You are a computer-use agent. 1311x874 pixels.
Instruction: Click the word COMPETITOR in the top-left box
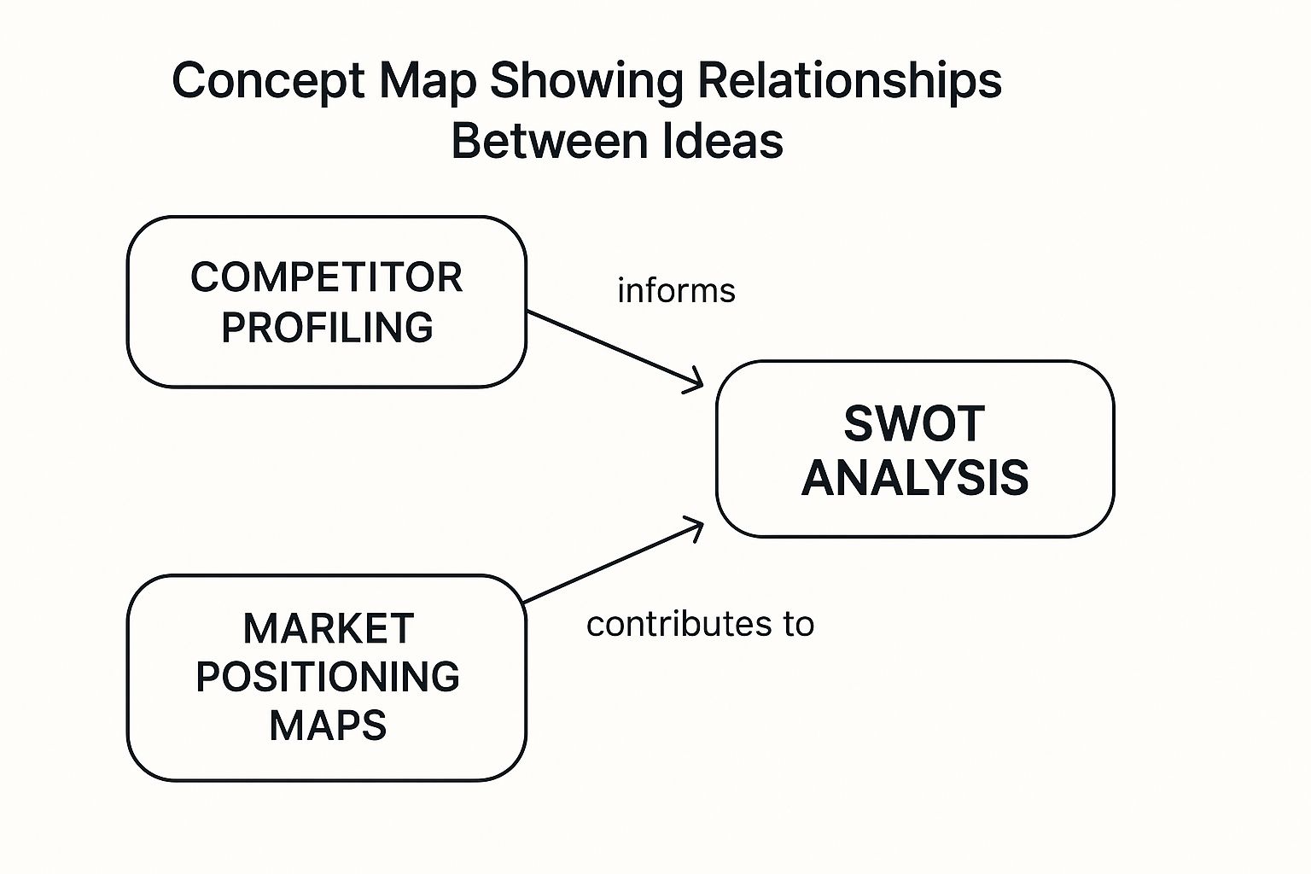tap(327, 277)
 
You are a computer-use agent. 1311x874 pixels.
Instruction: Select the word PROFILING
tap(327, 327)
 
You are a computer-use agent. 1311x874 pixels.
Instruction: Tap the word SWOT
tap(915, 424)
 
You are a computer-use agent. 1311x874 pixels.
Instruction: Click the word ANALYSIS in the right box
tap(915, 478)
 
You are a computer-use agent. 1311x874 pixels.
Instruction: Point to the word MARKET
tap(329, 629)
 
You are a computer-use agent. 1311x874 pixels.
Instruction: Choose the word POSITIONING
tap(328, 678)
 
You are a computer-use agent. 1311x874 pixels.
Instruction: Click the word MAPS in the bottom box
tap(328, 725)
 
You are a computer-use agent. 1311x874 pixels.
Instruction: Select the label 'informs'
tap(676, 291)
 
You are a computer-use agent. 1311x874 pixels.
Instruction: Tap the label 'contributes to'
tap(700, 624)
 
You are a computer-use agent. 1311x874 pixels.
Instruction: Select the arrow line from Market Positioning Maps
tap(613, 562)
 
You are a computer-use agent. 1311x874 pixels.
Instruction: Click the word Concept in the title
tap(268, 82)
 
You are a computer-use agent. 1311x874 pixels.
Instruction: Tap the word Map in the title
tap(428, 82)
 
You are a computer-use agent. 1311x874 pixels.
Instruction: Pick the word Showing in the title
tap(586, 82)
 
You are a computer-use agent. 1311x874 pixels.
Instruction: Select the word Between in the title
tap(550, 141)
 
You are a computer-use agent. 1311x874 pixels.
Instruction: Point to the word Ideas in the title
tap(723, 141)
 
